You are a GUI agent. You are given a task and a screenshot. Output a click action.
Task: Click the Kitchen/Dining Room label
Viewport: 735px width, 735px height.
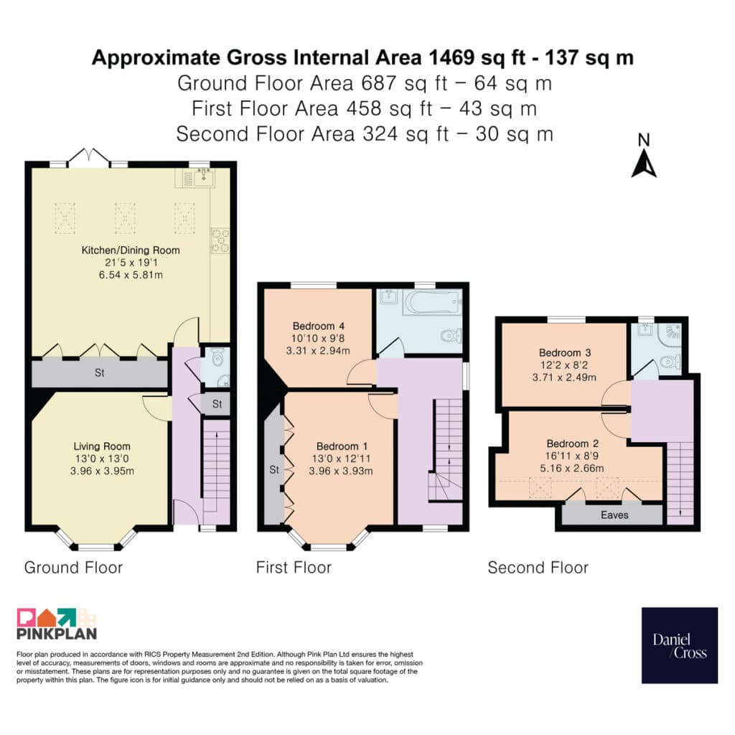point(131,251)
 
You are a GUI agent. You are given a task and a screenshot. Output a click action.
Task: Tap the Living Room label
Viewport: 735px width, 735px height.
point(102,446)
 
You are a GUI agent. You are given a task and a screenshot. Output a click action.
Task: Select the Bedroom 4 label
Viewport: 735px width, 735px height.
point(319,326)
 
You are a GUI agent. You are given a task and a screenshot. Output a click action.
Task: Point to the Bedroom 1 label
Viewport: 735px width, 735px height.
point(342,446)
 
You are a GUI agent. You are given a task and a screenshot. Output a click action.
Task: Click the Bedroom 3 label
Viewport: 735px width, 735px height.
point(565,352)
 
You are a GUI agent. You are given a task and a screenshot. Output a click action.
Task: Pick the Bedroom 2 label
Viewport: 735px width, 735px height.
point(572,444)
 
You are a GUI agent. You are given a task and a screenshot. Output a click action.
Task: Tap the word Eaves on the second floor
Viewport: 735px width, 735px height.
point(614,515)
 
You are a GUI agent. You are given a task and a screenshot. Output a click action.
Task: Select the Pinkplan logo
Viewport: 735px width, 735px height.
point(57,624)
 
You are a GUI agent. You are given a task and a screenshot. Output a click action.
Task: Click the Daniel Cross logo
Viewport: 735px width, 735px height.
point(680,645)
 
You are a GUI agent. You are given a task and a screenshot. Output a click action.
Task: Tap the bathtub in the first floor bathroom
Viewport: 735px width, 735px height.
point(431,303)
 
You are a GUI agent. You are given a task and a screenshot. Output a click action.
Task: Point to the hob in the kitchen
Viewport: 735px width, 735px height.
point(220,240)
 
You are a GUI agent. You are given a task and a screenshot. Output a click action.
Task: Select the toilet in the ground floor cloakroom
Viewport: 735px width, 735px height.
point(217,359)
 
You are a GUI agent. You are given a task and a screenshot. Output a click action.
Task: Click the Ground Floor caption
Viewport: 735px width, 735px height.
point(74,568)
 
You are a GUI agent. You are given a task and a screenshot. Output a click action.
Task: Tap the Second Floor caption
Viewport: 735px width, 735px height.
point(538,568)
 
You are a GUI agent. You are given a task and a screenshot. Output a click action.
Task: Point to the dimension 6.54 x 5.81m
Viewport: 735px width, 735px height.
point(131,275)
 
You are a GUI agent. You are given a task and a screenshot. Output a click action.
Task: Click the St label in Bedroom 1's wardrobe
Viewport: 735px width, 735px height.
point(274,469)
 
